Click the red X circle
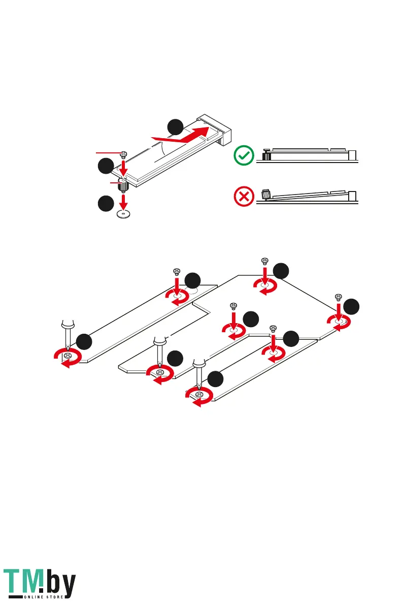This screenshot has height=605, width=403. (x=244, y=197)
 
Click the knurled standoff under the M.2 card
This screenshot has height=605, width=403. (x=123, y=185)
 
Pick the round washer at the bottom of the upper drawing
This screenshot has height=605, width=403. (x=122, y=214)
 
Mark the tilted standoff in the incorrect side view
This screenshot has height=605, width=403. (x=264, y=194)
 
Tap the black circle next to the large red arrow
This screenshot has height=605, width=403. (x=176, y=126)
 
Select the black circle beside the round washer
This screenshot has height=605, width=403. (x=105, y=204)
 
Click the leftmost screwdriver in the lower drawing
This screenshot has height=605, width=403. (x=66, y=336)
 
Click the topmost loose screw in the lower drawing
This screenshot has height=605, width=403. (x=264, y=261)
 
